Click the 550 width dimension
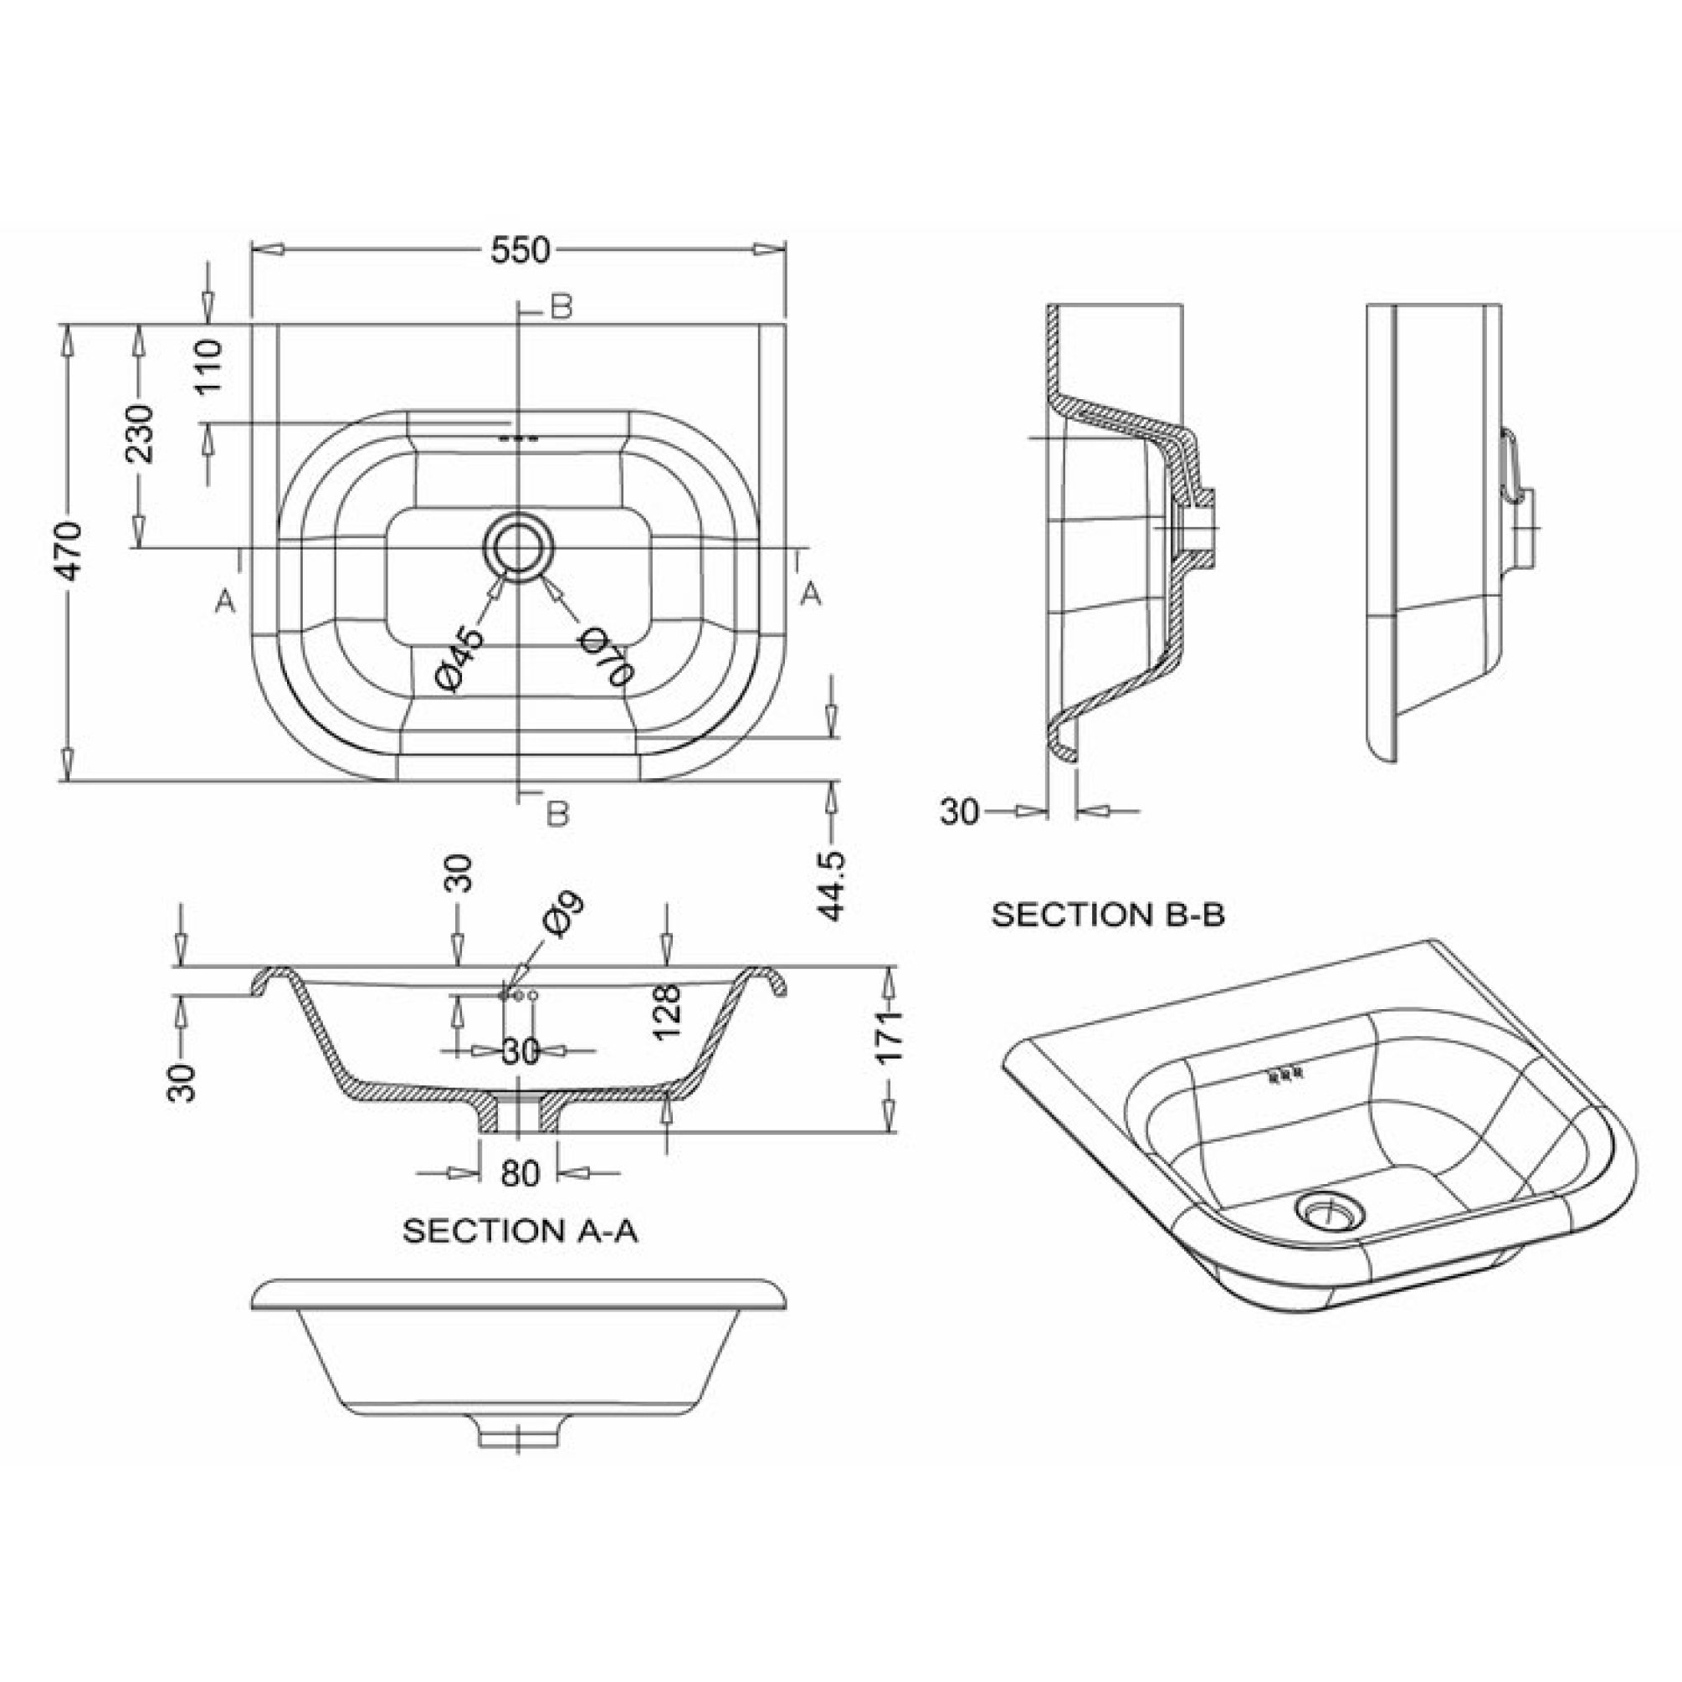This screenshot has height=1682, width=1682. click(520, 252)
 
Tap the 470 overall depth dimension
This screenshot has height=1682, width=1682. click(69, 551)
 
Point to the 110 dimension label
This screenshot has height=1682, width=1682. click(209, 367)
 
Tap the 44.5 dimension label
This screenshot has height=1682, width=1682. click(833, 885)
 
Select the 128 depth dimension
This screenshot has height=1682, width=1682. click(667, 1012)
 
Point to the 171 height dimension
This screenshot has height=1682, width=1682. click(889, 1036)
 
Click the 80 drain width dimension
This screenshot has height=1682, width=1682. click(520, 1172)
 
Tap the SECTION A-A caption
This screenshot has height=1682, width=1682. click(520, 1231)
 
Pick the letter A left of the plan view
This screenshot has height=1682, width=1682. click(225, 601)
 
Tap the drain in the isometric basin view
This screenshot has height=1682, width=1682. click(1327, 1209)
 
